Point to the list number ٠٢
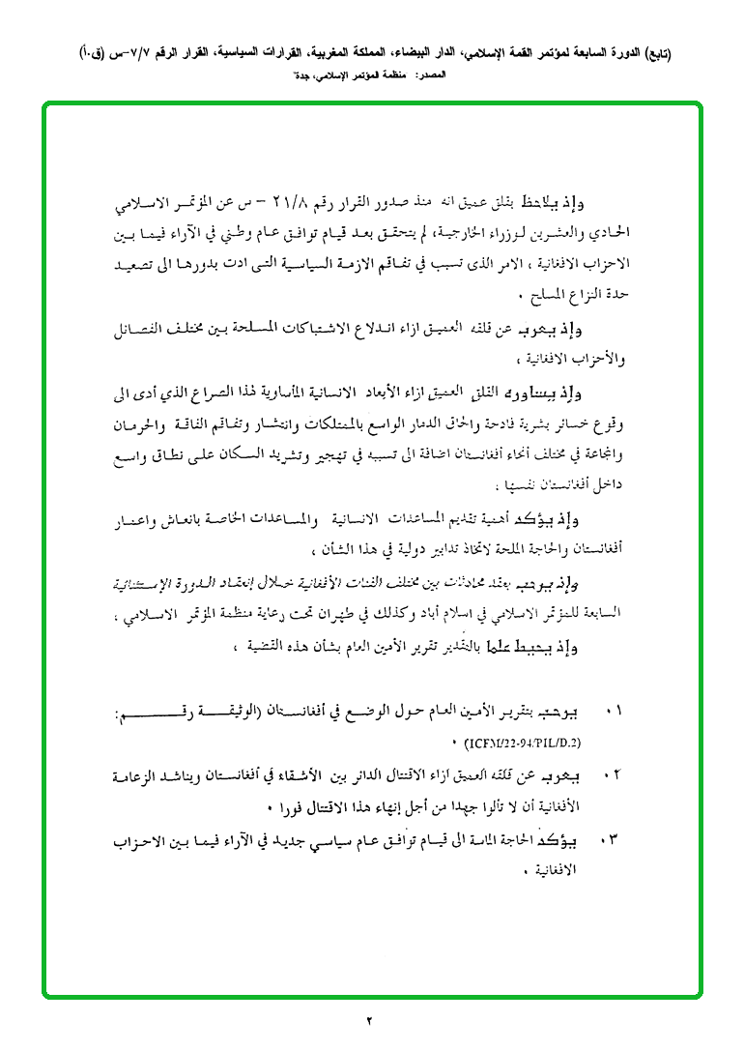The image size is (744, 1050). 611,776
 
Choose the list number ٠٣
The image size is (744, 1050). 611,838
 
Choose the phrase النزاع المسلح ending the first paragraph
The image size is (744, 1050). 574,295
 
